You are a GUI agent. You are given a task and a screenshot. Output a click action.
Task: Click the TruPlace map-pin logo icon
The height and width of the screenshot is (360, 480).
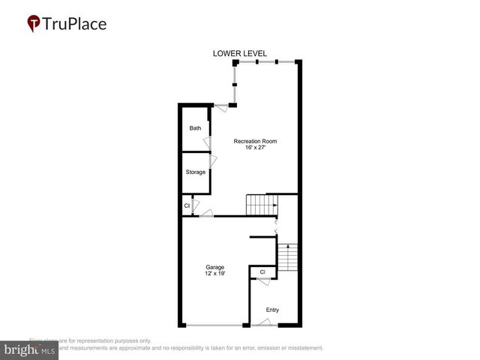tap(34, 24)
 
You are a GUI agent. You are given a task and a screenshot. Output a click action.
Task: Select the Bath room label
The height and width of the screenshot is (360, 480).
tap(195, 128)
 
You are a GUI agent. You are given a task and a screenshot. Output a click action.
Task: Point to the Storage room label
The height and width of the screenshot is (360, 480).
tap(196, 172)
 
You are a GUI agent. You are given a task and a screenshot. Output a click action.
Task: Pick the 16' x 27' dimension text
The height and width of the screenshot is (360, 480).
tap(255, 148)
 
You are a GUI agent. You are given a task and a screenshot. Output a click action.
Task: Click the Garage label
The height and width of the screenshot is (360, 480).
tap(215, 267)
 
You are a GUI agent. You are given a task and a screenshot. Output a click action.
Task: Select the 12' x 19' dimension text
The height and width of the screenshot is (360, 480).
tap(215, 274)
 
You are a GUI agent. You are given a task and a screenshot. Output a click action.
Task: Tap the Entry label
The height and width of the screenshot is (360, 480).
tap(272, 309)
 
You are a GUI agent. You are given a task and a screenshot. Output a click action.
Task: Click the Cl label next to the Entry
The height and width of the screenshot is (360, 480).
tap(262, 271)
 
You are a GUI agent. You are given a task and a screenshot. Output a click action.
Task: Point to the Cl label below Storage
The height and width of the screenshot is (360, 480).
tap(187, 205)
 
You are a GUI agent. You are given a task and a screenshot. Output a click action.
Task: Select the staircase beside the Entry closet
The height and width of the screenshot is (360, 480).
tap(287, 257)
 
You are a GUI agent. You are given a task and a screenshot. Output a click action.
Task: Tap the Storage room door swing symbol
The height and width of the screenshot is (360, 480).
tap(213, 161)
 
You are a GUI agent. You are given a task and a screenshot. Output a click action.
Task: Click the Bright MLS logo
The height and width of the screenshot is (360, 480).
tap(29, 350)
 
